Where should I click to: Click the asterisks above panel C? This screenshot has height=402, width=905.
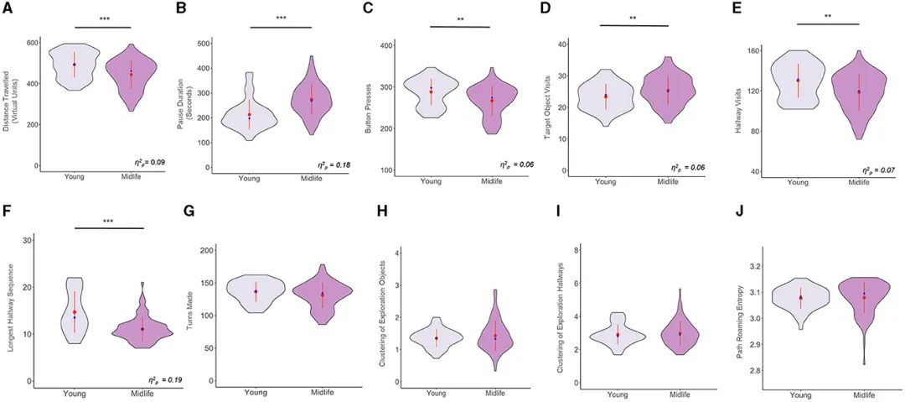pyautogui.click(x=459, y=18)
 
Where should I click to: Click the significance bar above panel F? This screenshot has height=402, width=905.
pyautogui.click(x=109, y=227)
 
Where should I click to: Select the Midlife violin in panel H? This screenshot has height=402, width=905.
pyautogui.click(x=495, y=335)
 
